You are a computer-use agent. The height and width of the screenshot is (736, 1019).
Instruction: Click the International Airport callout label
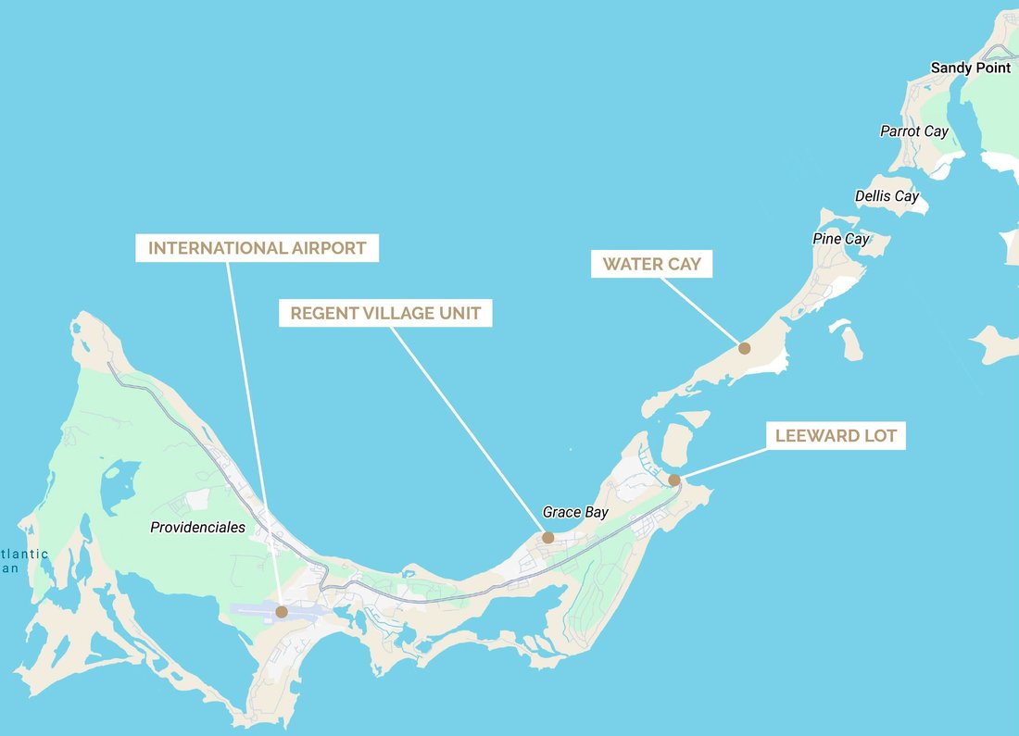[257, 248]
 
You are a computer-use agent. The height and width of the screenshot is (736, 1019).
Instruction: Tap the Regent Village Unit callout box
[385, 313]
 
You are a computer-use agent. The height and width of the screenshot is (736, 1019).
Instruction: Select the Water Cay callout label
[651, 264]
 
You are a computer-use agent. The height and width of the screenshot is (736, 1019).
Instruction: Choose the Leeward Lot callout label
[836, 435]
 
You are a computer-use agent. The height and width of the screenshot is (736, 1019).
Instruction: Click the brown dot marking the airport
[282, 611]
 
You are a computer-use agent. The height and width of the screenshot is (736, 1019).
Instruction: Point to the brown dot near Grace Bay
[547, 537]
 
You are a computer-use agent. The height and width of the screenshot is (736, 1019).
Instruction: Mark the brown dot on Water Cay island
[744, 348]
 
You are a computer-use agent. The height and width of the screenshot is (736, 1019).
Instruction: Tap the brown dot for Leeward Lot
[674, 480]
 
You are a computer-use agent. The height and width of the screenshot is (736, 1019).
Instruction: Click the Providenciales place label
[197, 528]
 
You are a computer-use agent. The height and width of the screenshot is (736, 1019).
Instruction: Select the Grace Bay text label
[574, 512]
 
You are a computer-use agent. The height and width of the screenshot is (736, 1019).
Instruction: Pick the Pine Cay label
[840, 239]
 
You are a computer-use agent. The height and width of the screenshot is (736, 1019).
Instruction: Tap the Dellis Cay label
[887, 196]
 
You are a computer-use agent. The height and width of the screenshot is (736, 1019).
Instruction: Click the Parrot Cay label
[913, 131]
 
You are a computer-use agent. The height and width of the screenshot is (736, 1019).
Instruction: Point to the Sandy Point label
[970, 68]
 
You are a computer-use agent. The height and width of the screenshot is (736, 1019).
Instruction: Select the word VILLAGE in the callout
[385, 313]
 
